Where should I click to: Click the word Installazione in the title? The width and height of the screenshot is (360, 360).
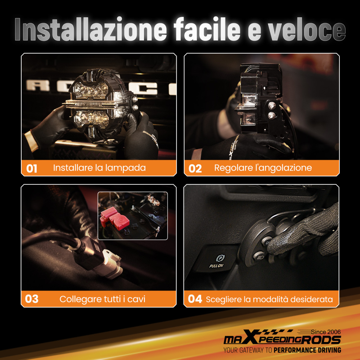pos(91,29)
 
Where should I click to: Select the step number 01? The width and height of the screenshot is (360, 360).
pos(32,168)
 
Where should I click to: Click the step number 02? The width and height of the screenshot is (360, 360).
pos(195,168)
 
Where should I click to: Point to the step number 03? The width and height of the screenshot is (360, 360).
pos(32,299)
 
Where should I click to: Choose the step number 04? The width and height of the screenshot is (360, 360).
pos(195,299)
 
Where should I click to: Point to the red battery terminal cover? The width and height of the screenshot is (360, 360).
pos(114,218)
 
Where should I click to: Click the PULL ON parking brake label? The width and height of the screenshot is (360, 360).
pos(216,266)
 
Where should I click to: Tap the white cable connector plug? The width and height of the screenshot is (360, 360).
pos(112,264)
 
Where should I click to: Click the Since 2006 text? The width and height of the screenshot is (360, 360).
pos(326,332)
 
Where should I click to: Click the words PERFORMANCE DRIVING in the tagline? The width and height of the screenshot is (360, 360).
pos(307,350)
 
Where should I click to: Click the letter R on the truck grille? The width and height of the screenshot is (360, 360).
pos(38,85)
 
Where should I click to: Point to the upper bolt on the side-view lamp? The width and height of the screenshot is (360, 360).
pos(272,105)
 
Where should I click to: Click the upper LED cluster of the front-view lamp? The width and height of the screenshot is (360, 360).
pos(91,90)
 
